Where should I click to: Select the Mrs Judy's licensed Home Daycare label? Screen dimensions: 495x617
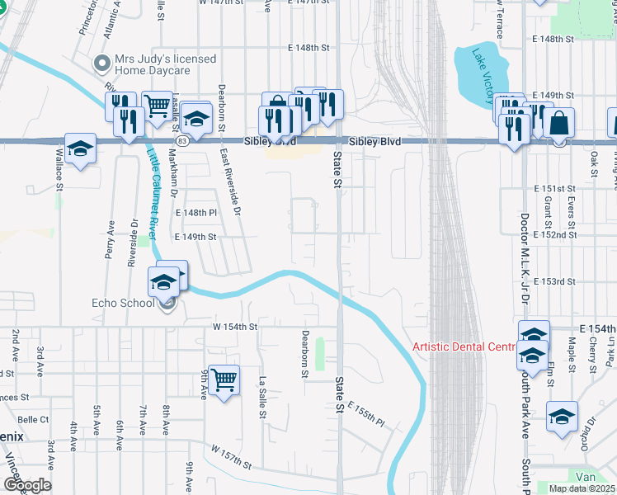tap(165, 65)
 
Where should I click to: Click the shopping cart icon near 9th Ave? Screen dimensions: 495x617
tap(224, 380)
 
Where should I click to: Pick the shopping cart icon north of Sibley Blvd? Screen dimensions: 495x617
tap(157, 105)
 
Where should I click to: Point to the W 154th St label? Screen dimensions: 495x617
tap(235, 327)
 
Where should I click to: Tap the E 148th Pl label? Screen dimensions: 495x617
tap(195, 213)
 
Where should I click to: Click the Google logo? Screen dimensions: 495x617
tap(27, 485)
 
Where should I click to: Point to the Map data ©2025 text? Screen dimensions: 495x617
tap(582, 488)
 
